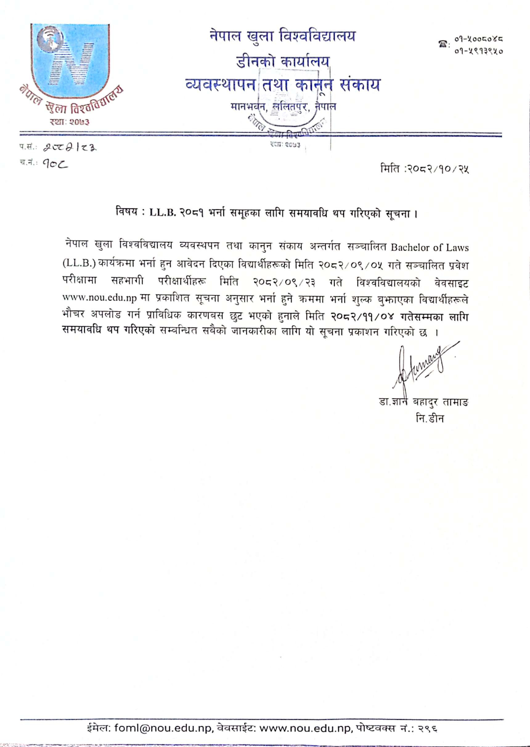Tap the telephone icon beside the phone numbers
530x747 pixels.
pyautogui.click(x=441, y=43)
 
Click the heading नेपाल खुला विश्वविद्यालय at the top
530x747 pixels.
pyautogui.click(x=282, y=36)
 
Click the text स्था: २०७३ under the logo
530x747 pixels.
pyautogui.click(x=69, y=122)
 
